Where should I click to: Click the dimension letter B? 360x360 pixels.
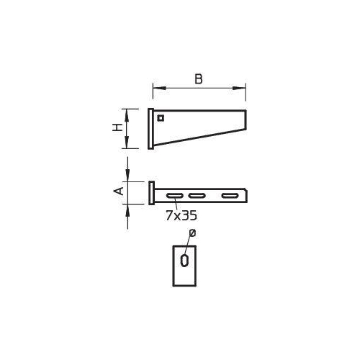199,79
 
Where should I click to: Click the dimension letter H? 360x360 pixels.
117,127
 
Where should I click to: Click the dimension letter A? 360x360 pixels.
118,192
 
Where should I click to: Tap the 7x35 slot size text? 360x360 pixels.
181,215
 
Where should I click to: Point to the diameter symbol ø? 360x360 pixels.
192,233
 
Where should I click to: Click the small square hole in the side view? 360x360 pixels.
161,118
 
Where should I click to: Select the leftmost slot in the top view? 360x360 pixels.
175,196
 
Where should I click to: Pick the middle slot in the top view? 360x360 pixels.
197,196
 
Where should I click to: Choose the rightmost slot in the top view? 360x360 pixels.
230,196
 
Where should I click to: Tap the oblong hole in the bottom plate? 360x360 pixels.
184,261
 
